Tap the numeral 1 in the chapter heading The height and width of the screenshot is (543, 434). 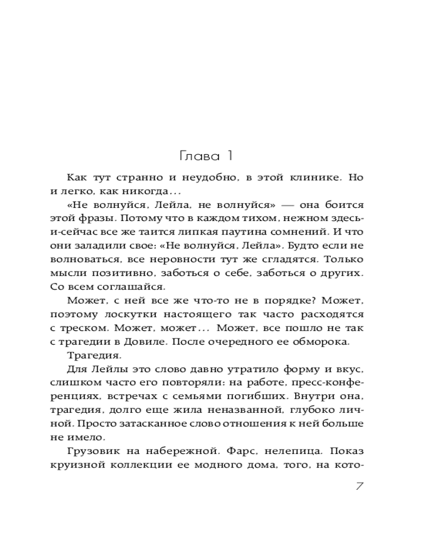(229, 156)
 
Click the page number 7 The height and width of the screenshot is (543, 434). (359, 485)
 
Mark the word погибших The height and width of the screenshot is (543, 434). (279, 396)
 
